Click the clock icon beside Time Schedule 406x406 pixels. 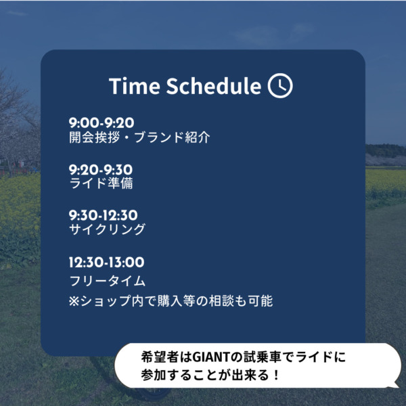coord(280,85)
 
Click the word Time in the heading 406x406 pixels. coord(135,86)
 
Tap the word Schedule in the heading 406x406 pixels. coord(214,86)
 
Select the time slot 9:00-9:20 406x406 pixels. coord(101,122)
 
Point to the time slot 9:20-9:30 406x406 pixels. coord(101,170)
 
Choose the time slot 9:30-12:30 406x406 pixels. coord(103,215)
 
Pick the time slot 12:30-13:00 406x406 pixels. coord(106,263)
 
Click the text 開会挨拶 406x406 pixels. coord(95,137)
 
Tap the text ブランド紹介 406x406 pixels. coord(172,137)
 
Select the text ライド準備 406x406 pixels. coord(101,183)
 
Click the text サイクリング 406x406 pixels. coord(107,229)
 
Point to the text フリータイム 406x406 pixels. coord(108,281)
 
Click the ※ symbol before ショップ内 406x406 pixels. coord(74,301)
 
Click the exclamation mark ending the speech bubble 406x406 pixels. coord(277,375)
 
